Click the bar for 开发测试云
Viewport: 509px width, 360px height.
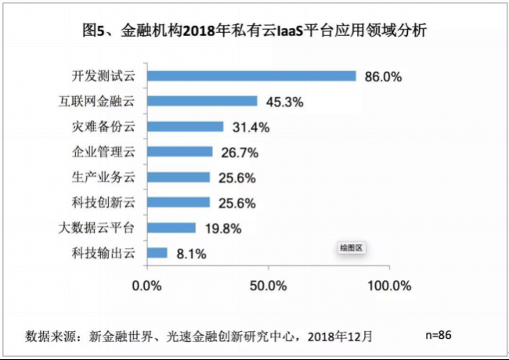251,77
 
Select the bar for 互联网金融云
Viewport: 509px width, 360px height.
202,102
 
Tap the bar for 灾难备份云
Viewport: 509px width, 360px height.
185,127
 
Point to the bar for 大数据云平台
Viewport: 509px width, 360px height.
171,228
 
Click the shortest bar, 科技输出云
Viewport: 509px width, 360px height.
157,253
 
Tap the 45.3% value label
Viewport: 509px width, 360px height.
284,102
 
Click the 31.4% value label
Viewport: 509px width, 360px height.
250,127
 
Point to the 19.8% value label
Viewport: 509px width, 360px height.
222,229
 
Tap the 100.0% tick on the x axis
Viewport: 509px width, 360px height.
389,285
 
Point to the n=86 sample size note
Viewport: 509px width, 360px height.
439,334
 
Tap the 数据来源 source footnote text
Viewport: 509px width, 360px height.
200,337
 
